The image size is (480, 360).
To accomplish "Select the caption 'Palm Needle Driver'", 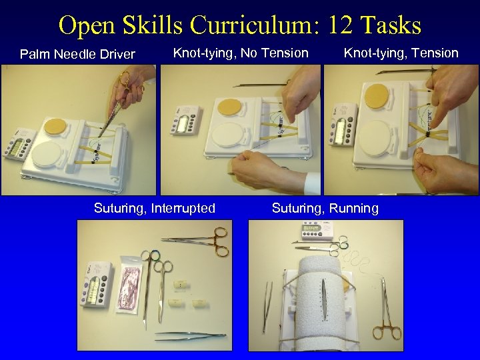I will click(x=77, y=54).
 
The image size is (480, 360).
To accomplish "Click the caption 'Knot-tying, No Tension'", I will click(x=241, y=53).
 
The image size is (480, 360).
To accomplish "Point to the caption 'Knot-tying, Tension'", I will click(x=401, y=53).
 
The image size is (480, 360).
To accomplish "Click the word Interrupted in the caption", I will click(x=183, y=208).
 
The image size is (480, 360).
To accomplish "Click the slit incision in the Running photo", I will click(x=323, y=293).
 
